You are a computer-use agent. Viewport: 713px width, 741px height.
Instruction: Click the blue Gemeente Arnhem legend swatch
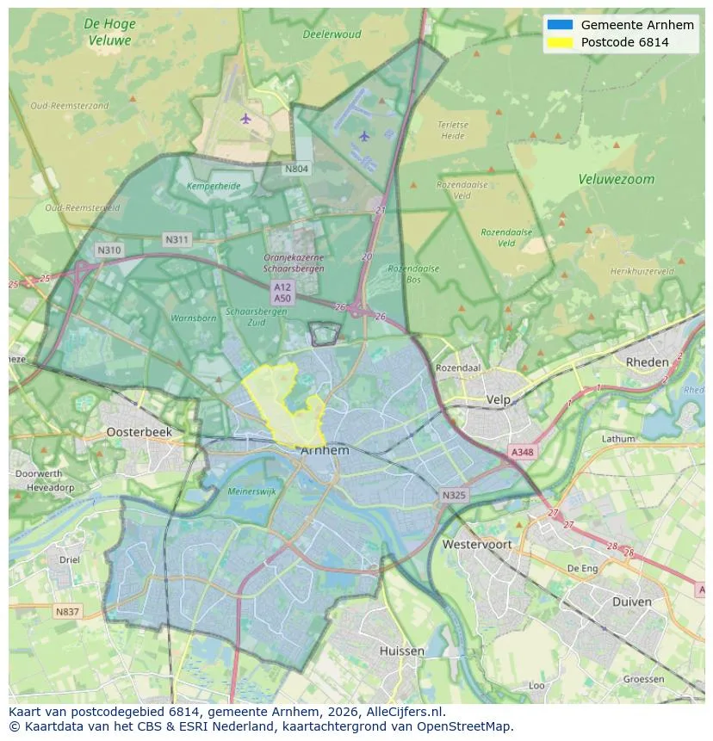click(560, 25)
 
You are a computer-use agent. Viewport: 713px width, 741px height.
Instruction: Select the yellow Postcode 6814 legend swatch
click(560, 42)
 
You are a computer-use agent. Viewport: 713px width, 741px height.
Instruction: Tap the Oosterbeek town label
click(139, 432)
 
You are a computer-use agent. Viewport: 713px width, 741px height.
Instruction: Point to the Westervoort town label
click(476, 545)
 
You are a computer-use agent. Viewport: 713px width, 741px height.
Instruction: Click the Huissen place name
click(401, 651)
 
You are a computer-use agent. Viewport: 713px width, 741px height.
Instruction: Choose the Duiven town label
click(631, 602)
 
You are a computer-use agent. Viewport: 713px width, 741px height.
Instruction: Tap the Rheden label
click(647, 362)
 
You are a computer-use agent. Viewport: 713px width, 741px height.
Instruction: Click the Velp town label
click(498, 400)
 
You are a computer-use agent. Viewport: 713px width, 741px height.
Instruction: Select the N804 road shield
click(296, 169)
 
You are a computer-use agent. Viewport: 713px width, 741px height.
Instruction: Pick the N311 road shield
click(177, 239)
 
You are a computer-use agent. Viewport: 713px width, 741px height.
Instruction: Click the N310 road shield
click(109, 250)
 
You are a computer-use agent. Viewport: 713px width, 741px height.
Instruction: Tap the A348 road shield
click(522, 452)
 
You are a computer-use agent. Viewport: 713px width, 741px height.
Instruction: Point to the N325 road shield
click(454, 496)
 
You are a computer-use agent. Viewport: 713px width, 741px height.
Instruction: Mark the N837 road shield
click(67, 612)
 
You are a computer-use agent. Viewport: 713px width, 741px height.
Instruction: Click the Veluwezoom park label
click(616, 180)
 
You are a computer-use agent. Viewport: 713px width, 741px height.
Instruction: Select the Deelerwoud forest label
click(332, 35)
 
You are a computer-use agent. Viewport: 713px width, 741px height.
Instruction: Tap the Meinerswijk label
click(251, 491)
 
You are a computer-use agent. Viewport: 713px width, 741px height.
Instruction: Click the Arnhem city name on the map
click(325, 450)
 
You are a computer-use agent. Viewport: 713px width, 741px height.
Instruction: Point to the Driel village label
click(69, 559)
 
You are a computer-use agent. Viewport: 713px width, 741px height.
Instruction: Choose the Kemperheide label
click(214, 186)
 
